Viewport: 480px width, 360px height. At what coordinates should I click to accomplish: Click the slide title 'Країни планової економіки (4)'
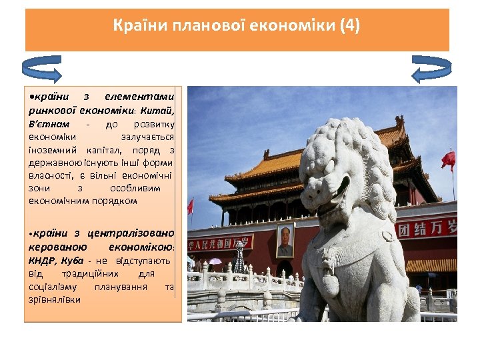237,26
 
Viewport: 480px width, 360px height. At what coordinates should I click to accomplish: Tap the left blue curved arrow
42,69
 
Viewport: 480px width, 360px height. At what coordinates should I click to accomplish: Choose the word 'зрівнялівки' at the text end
54,299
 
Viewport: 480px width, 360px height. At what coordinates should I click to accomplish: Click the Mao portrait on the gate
285,241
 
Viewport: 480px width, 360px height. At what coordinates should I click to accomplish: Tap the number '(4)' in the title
349,26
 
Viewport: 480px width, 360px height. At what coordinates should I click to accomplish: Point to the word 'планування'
121,287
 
